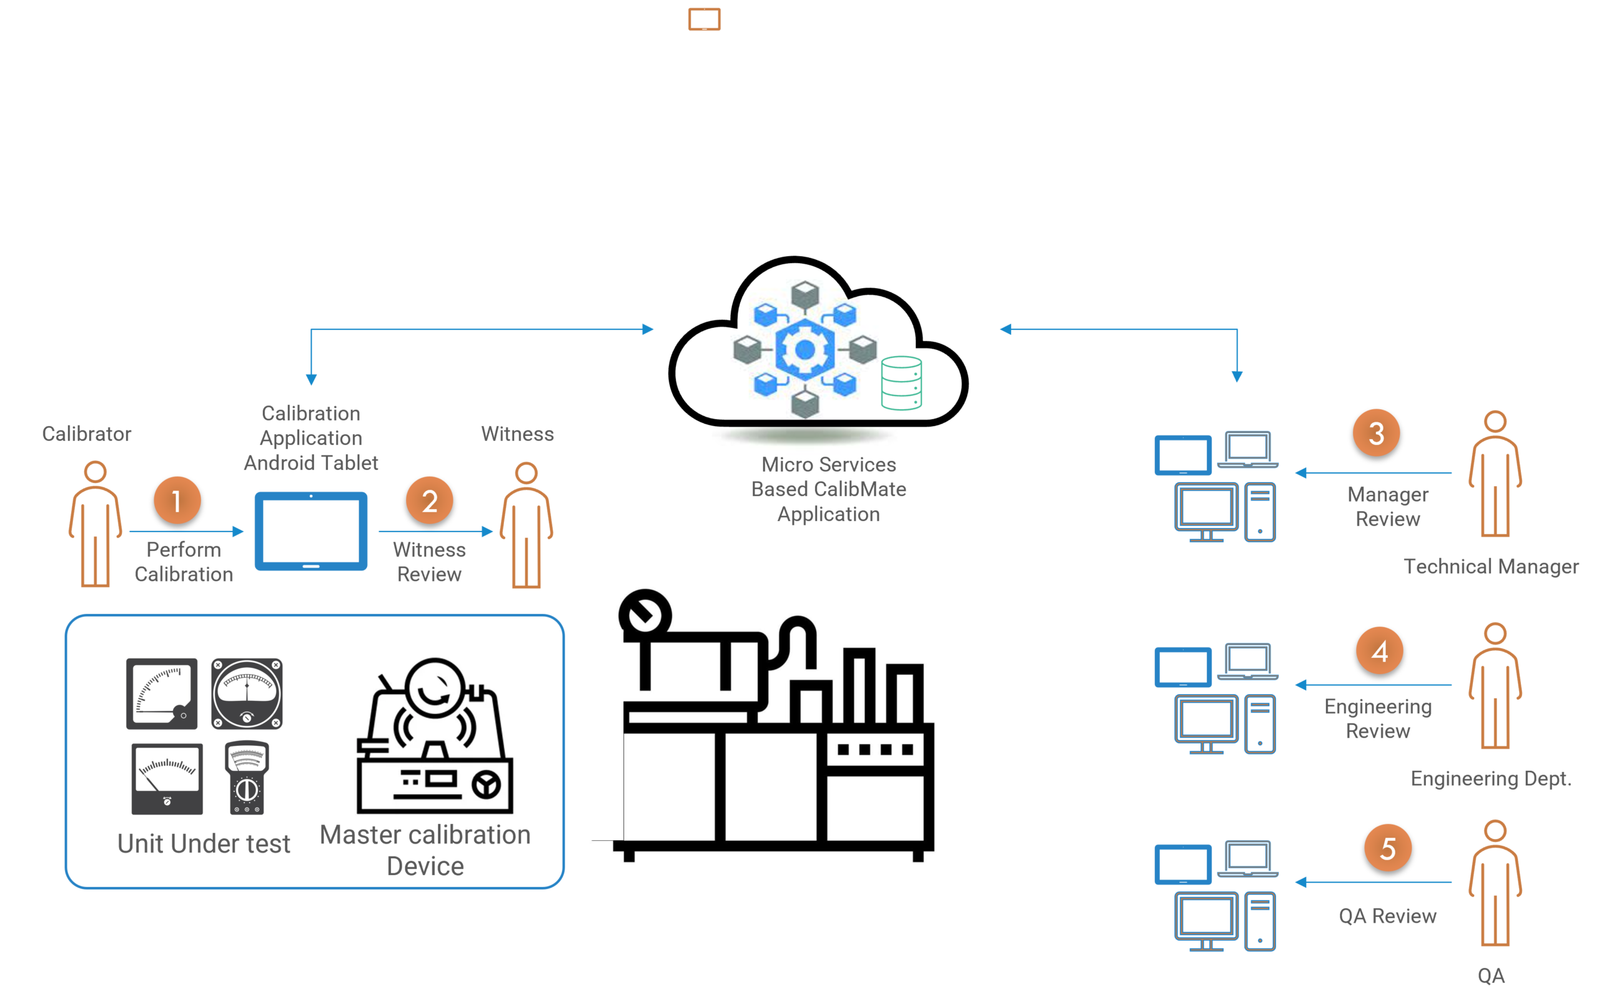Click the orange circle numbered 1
(177, 500)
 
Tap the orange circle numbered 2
(429, 500)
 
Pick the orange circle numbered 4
(1380, 651)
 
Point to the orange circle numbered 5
(1388, 848)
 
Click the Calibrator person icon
(96, 523)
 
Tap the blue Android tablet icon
(311, 531)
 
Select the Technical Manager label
(1491, 567)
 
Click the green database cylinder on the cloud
(901, 383)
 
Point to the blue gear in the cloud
(804, 349)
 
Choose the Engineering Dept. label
(1490, 778)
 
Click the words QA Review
(1388, 916)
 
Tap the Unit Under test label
(204, 843)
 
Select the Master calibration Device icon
(435, 736)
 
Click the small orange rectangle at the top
(705, 19)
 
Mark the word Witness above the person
(517, 434)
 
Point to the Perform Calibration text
(184, 562)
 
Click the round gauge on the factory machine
(645, 615)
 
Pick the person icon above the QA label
(1495, 883)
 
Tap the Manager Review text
(1388, 507)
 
